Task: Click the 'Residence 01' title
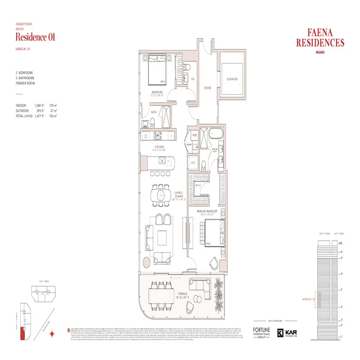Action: click(35, 37)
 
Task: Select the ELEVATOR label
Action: click(232, 79)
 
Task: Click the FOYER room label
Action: click(207, 88)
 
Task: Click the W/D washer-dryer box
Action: click(195, 135)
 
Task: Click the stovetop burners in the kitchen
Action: click(157, 135)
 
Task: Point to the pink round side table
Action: click(147, 263)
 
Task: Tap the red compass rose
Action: click(53, 333)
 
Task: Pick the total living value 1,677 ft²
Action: click(42, 116)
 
